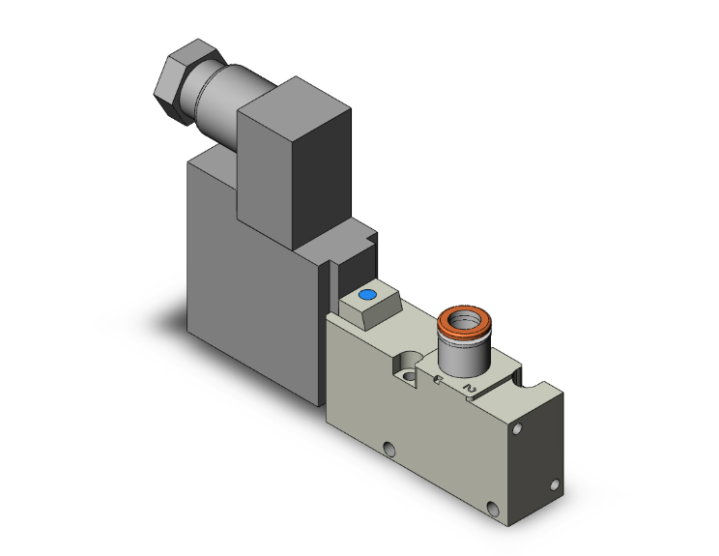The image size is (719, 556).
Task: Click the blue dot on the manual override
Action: [366, 295]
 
